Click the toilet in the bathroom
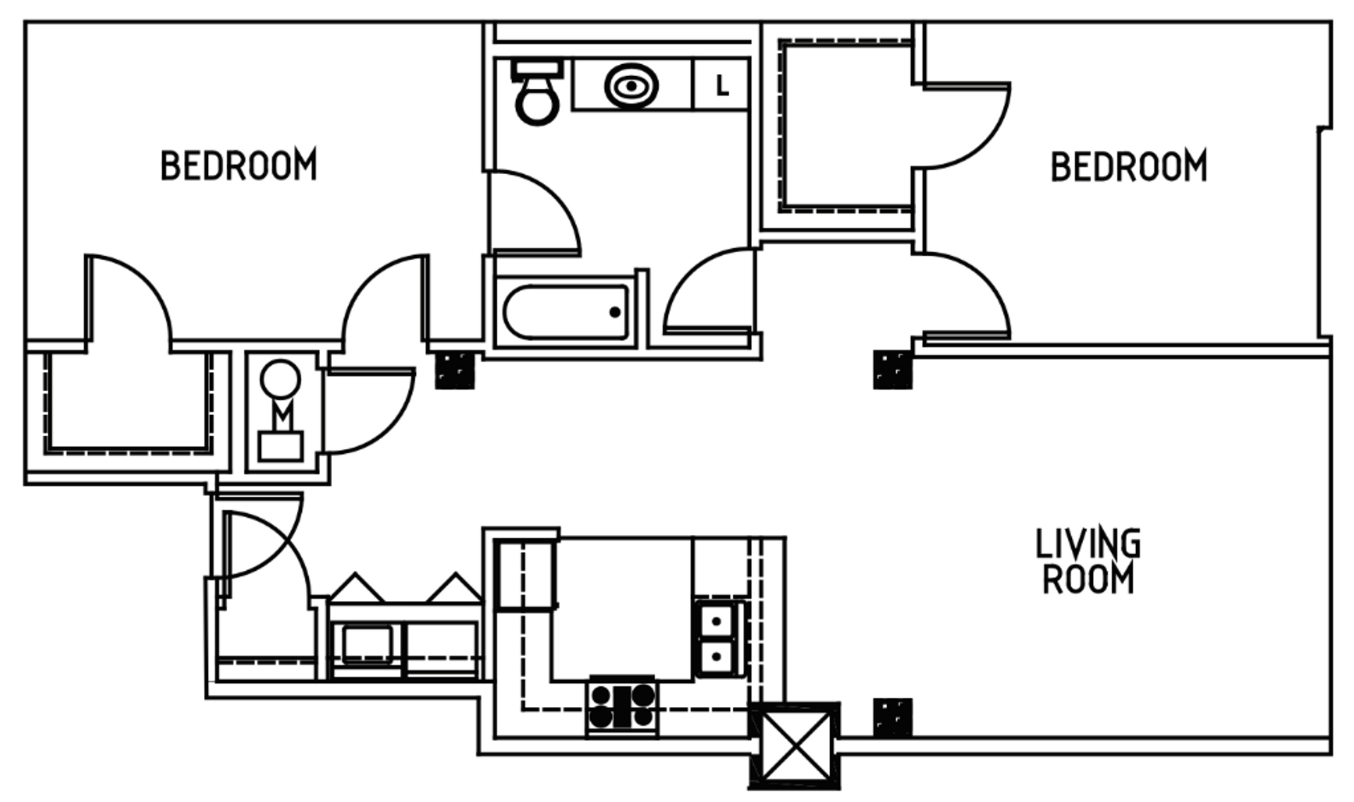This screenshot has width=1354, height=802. pyautogui.click(x=537, y=96)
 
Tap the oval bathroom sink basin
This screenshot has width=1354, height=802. pyautogui.click(x=631, y=86)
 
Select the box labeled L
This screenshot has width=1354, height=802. pyautogui.click(x=721, y=86)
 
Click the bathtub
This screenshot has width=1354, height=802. pyautogui.click(x=566, y=312)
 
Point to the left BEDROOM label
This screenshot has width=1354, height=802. pyautogui.click(x=238, y=166)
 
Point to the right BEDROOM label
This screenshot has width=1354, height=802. pyautogui.click(x=1128, y=167)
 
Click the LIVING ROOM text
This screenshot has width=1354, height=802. pyautogui.click(x=1087, y=562)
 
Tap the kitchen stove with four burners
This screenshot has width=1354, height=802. pyautogui.click(x=622, y=706)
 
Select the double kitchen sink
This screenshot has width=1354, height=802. pyautogui.click(x=718, y=638)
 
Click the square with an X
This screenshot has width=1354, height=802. pyautogui.click(x=795, y=746)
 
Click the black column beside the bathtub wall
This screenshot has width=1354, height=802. pyautogui.click(x=455, y=370)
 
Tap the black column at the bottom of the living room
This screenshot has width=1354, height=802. pyautogui.click(x=892, y=717)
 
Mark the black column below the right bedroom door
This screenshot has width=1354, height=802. pyautogui.click(x=892, y=370)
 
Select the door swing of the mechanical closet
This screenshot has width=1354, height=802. pyautogui.click(x=367, y=410)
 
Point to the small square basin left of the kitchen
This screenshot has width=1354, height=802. pyautogui.click(x=367, y=644)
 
